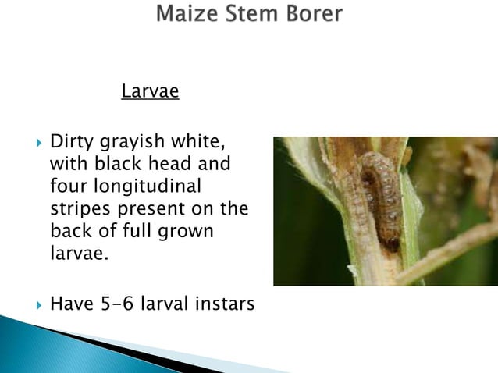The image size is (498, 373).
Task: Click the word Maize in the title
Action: click(187, 15)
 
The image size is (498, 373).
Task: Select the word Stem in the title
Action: click(250, 15)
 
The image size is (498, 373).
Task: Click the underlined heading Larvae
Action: click(150, 92)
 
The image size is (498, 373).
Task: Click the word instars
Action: click(219, 302)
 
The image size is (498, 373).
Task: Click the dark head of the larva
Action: click(393, 243)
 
